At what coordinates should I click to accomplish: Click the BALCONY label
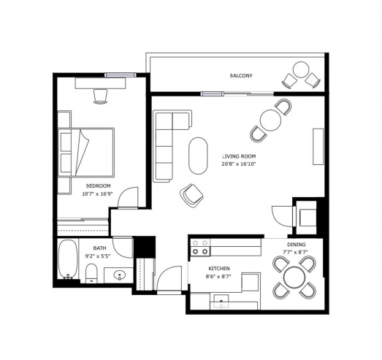pos(241,75)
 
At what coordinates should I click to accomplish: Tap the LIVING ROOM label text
pos(239,156)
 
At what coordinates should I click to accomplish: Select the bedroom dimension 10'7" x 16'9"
pos(97,194)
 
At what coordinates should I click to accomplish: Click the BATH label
pos(99,248)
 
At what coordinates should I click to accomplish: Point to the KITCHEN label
pos(219,269)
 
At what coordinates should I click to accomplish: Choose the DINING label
pos(297,245)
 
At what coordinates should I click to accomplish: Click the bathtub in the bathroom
pos(68,259)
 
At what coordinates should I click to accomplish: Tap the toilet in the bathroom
pos(91,273)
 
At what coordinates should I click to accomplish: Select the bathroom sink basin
pos(120,275)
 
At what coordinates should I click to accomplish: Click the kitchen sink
pos(221,301)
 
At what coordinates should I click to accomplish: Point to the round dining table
pos(294,277)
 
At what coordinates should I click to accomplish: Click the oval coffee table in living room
pos(199,156)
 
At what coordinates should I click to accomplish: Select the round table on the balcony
pos(301,69)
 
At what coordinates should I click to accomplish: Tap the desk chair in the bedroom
pos(100,96)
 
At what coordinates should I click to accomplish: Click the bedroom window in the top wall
pos(121,74)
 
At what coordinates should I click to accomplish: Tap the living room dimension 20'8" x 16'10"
pos(239,164)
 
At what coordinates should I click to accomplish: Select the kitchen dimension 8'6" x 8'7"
pos(218,277)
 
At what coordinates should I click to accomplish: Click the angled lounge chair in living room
pos(191,196)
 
